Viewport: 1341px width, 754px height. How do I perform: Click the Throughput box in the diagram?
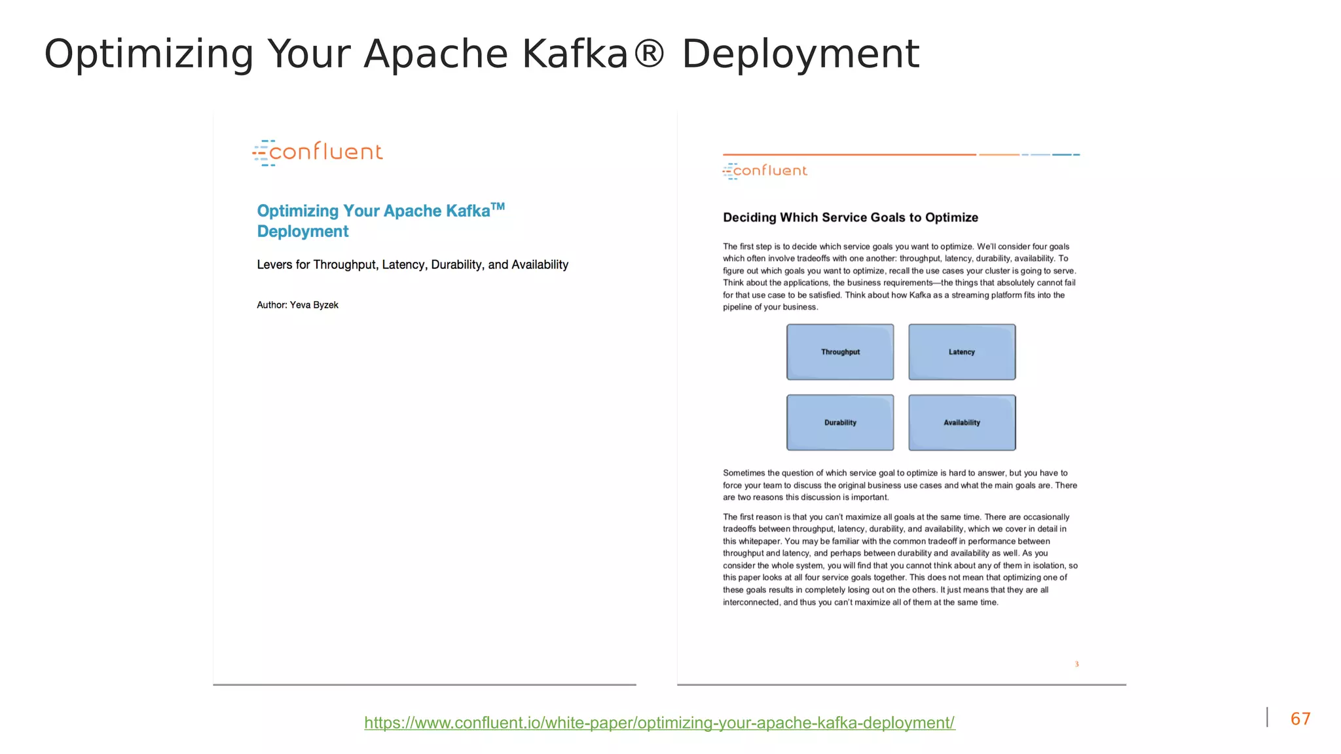(840, 352)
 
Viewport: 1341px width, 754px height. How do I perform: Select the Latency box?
(962, 352)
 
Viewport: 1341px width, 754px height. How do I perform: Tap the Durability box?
(840, 423)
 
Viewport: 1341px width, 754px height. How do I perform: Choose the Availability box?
(962, 423)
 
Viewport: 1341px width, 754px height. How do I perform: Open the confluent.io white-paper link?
(659, 723)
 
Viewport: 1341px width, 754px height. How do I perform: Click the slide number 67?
(1300, 719)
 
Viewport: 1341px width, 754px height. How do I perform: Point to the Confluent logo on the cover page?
(318, 153)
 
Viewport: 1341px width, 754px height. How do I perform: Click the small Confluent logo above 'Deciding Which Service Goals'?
(765, 171)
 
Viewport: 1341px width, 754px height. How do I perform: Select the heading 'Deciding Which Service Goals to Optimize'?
(850, 217)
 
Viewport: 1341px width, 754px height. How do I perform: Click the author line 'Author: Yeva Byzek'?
(297, 305)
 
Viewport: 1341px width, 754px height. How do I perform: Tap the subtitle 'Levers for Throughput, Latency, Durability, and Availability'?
(413, 264)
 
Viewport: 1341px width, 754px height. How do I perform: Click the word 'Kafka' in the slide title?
(575, 54)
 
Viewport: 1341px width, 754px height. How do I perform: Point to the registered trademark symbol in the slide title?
(649, 52)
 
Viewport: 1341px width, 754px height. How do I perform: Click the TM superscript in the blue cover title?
(498, 207)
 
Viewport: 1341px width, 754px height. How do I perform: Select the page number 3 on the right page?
(1076, 664)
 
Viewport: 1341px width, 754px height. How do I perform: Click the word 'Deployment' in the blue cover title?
(303, 232)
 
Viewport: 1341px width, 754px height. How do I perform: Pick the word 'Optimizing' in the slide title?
(149, 54)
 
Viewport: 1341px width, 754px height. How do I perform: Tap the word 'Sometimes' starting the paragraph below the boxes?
(744, 473)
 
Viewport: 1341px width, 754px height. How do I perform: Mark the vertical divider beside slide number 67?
(1267, 717)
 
